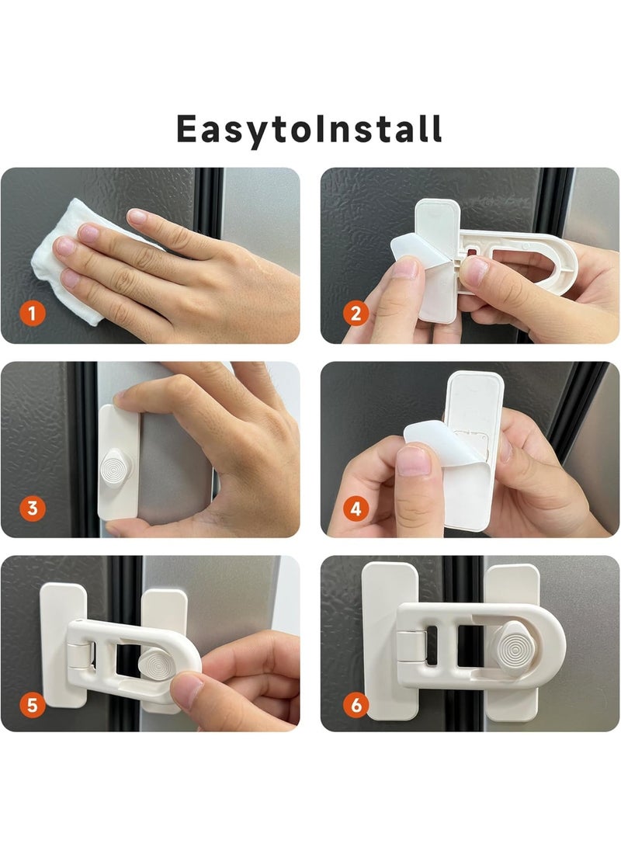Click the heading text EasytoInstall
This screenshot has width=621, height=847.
[x=309, y=129]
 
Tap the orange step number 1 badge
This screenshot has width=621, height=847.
[x=32, y=314]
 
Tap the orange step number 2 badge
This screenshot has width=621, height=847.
[x=356, y=314]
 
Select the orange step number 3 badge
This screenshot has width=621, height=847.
[x=32, y=509]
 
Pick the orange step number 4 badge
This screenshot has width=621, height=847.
[x=356, y=509]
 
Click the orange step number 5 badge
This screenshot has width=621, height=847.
[x=32, y=705]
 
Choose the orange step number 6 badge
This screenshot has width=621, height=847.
[x=356, y=705]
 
